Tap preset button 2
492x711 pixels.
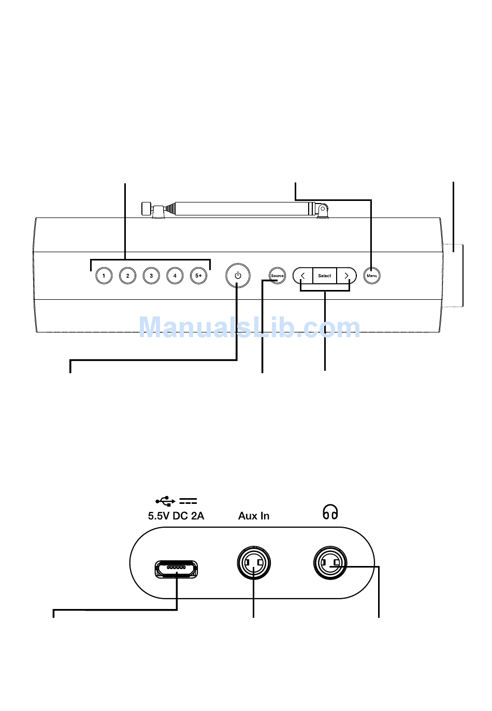pos(127,275)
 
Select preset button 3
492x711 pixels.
pos(151,275)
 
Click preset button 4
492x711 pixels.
pos(175,275)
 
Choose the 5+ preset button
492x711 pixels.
pos(198,275)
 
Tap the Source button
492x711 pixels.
pos(277,275)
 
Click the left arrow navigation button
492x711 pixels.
pos(303,275)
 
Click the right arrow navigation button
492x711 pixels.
pos(346,275)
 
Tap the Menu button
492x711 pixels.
pos(372,275)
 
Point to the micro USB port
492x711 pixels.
pos(176,569)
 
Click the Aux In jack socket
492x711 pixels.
pos(254,563)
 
